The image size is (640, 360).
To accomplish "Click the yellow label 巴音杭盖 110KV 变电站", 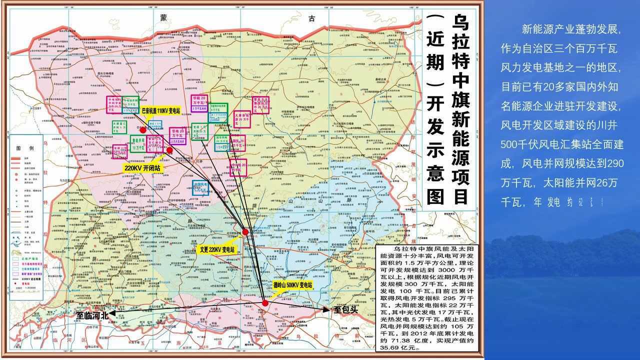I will [x=160, y=111].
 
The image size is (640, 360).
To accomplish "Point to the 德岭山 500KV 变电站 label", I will [x=292, y=285].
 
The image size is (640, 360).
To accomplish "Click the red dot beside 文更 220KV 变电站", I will [x=245, y=232].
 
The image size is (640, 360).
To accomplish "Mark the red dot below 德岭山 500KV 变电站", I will [x=265, y=303].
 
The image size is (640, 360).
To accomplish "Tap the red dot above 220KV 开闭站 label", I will [x=169, y=150].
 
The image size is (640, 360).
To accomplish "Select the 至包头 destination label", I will [x=346, y=309].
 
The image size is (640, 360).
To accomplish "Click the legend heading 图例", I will [x=24, y=148].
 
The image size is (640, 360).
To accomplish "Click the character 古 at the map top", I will [x=312, y=18].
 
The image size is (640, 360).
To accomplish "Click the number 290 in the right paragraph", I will [x=614, y=163].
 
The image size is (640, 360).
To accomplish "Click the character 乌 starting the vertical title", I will [x=461, y=23].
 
